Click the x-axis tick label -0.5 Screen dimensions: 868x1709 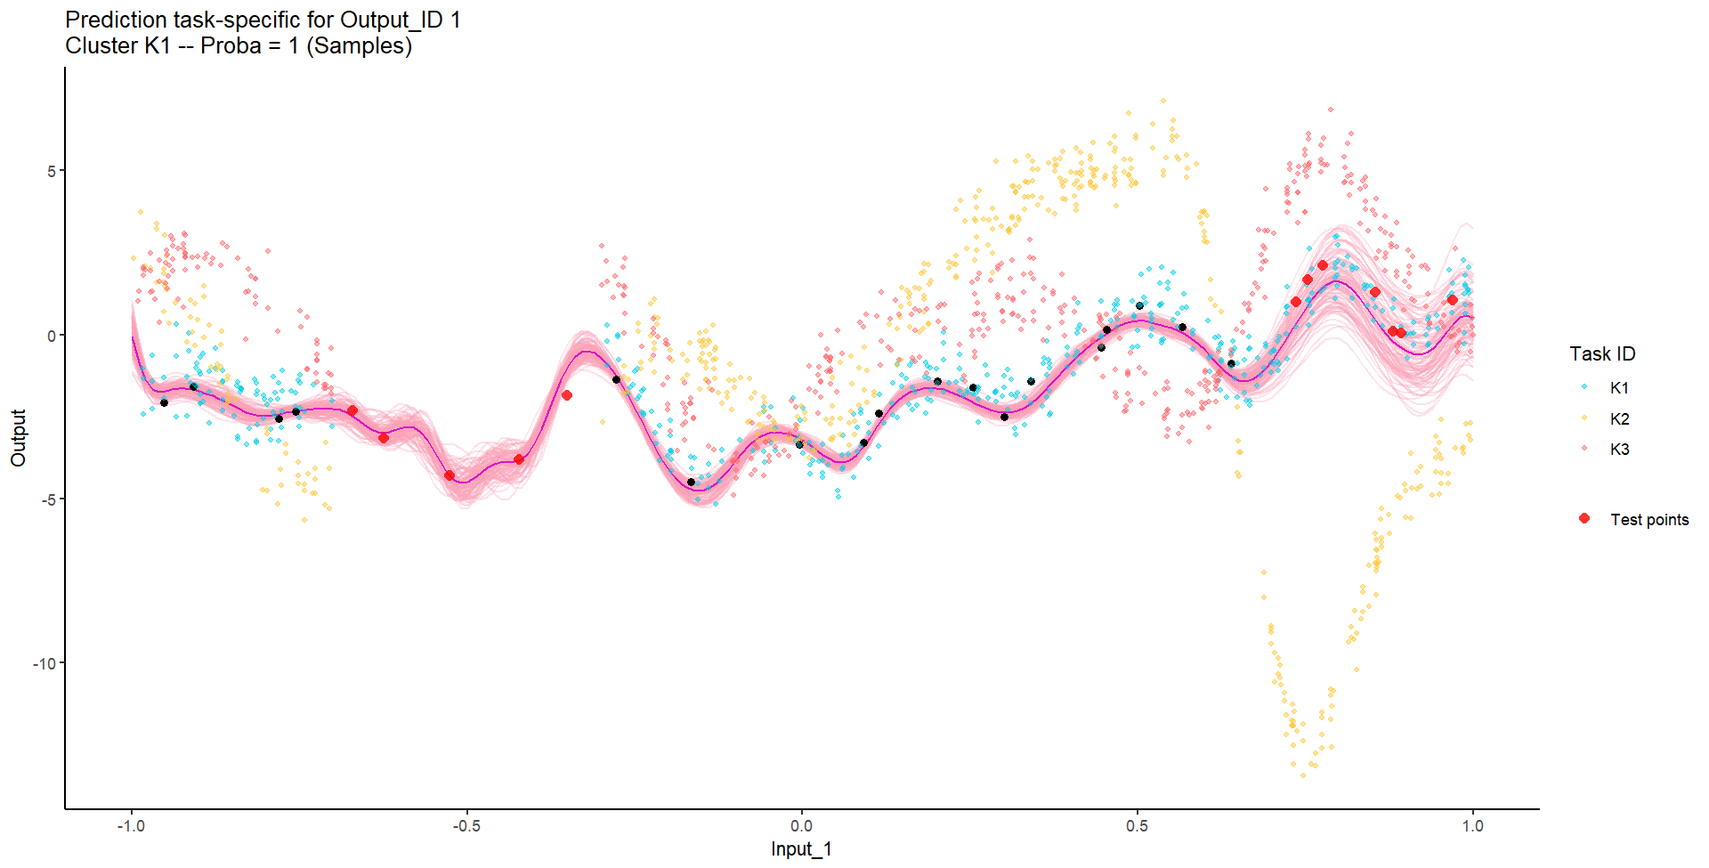tap(466, 826)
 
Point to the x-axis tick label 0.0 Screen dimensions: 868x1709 tap(801, 826)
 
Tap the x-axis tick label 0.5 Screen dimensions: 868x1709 tap(1137, 826)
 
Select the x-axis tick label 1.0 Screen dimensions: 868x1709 tap(1472, 826)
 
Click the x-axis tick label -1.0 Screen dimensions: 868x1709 tap(131, 826)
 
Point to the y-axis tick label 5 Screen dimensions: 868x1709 tap(53, 171)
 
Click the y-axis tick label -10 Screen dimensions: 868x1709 tap(45, 663)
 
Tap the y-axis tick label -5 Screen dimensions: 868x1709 tap(49, 499)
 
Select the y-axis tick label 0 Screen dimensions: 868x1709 tap(53, 336)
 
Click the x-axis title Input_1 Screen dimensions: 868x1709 tap(801, 849)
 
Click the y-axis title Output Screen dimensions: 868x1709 tap(19, 438)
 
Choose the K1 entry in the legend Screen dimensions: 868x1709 tap(1619, 388)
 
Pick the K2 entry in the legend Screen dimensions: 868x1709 tap(1619, 419)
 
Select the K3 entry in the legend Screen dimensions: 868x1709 tap(1619, 450)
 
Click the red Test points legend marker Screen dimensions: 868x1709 tap(1584, 518)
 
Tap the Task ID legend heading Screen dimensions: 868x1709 tap(1602, 354)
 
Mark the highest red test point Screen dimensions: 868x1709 tap(1323, 265)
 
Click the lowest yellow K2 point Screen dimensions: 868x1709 tap(1303, 775)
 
